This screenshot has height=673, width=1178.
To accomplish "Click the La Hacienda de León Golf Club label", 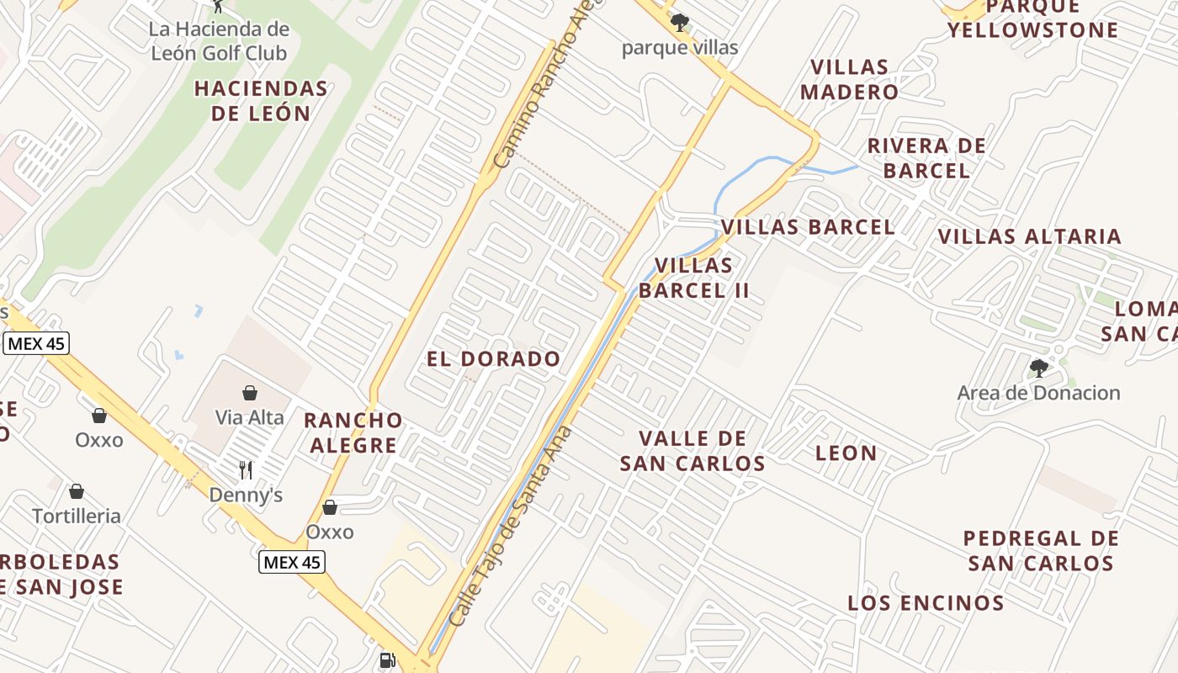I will [219, 41].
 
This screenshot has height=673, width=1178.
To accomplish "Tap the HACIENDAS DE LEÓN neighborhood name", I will [261, 101].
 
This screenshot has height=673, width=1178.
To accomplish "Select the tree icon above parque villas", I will [680, 23].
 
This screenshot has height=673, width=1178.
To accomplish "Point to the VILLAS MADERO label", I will [849, 79].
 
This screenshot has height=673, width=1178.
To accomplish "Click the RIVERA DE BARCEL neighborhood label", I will [926, 158].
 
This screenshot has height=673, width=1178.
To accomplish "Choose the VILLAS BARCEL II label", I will [693, 278].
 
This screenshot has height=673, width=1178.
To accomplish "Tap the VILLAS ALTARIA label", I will [1030, 236].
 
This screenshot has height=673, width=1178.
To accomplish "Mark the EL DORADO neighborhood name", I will [493, 359].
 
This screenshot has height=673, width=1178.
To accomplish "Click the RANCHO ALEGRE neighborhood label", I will [353, 432].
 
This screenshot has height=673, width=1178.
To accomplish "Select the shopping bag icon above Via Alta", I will [250, 393].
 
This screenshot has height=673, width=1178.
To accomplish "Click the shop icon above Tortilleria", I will [77, 491].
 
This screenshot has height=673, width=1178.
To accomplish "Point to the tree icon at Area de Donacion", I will [1039, 368].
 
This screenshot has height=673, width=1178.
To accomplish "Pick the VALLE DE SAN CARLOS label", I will [692, 451].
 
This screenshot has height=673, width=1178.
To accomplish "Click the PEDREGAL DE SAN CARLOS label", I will [1041, 551].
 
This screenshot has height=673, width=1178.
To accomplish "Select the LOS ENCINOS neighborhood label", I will [926, 603].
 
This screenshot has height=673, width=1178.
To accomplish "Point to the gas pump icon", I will [387, 661].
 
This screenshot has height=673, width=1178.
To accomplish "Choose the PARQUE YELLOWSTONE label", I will [1032, 19].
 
